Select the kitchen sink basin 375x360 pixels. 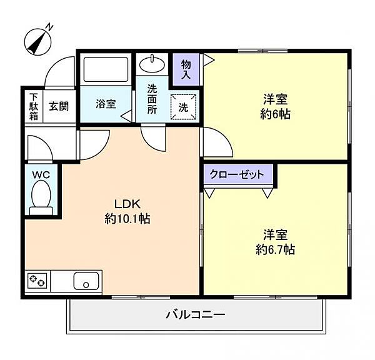86,281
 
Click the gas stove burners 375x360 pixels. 37,281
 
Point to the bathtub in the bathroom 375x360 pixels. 106,69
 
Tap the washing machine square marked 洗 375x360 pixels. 183,107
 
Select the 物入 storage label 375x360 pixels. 186,69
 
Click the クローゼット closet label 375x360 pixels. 237,174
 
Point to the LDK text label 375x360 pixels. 127,204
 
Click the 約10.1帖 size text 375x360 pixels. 127,219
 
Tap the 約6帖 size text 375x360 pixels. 275,114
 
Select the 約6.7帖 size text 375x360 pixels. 275,250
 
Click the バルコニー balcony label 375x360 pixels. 196,314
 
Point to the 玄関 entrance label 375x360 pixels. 59,106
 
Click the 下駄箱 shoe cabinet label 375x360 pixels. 34,107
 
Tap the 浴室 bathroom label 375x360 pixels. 106,104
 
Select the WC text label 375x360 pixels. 41,174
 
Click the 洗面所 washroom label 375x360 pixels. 152,99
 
